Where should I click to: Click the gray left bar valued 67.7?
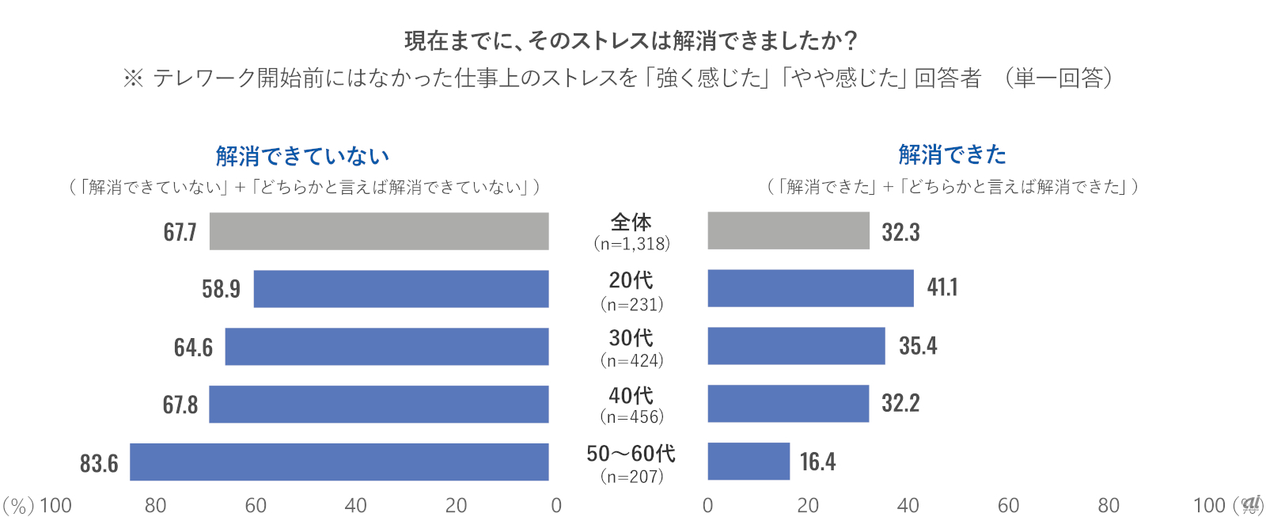[x=378, y=231]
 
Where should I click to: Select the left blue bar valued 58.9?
[x=400, y=289]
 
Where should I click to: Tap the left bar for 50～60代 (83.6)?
[x=339, y=462]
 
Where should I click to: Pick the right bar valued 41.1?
[x=810, y=288]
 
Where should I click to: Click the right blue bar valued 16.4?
[x=749, y=462]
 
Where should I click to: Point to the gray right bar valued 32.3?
[x=788, y=230]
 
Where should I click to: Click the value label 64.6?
[x=193, y=348]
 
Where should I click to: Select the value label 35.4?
[x=918, y=346]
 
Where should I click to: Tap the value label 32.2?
[x=900, y=404]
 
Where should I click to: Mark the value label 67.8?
[x=180, y=405]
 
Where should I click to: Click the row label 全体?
[x=631, y=222]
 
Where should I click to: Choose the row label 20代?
[x=631, y=280]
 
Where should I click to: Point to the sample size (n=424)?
[x=631, y=361]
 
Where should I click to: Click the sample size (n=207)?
[x=631, y=477]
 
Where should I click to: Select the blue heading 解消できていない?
[x=302, y=156]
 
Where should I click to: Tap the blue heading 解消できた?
[x=953, y=154]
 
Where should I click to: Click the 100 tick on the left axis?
[x=55, y=505]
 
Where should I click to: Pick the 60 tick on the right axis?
[x=1008, y=505]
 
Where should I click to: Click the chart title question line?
[x=631, y=40]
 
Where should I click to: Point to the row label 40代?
[x=631, y=395]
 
